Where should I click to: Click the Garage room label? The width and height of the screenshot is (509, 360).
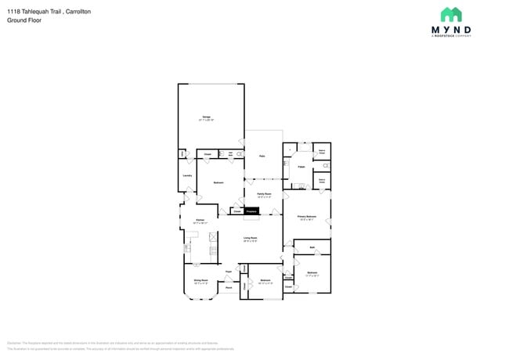(x=207, y=117)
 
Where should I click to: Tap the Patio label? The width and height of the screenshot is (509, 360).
(x=262, y=157)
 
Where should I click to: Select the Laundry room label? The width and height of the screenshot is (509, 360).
(x=187, y=175)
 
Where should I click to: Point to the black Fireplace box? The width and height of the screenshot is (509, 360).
(x=252, y=211)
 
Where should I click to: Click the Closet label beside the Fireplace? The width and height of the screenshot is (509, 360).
(x=237, y=211)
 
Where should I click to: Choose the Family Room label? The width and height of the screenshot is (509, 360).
(x=264, y=193)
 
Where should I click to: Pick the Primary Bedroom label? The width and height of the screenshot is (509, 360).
(x=306, y=216)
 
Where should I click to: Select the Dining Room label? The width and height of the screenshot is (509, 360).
(x=200, y=279)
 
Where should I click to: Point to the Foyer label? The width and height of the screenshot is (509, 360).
(x=229, y=272)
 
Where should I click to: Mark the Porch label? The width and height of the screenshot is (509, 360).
(x=229, y=288)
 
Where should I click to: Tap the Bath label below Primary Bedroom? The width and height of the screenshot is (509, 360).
(x=312, y=248)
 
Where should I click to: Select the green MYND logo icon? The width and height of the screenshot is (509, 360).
(x=451, y=15)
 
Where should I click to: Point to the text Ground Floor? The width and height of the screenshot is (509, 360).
(x=25, y=20)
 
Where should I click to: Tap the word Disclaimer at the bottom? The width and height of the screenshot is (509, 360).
(x=14, y=343)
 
